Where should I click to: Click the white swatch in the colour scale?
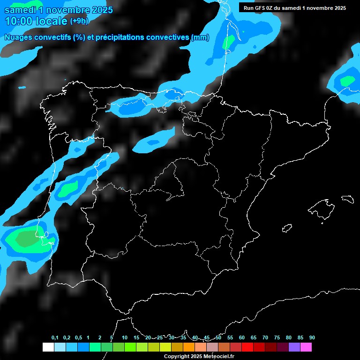(48, 347)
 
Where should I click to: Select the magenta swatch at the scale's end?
(306, 347)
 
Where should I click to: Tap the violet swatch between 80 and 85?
(294, 347)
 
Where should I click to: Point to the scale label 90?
(312, 338)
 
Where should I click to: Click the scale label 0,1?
(55, 338)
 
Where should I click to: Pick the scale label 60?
(241, 338)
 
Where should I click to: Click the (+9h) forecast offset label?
(79, 21)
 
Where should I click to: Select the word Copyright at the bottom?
(177, 356)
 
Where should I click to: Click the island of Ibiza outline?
(287, 228)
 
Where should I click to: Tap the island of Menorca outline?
(347, 199)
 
